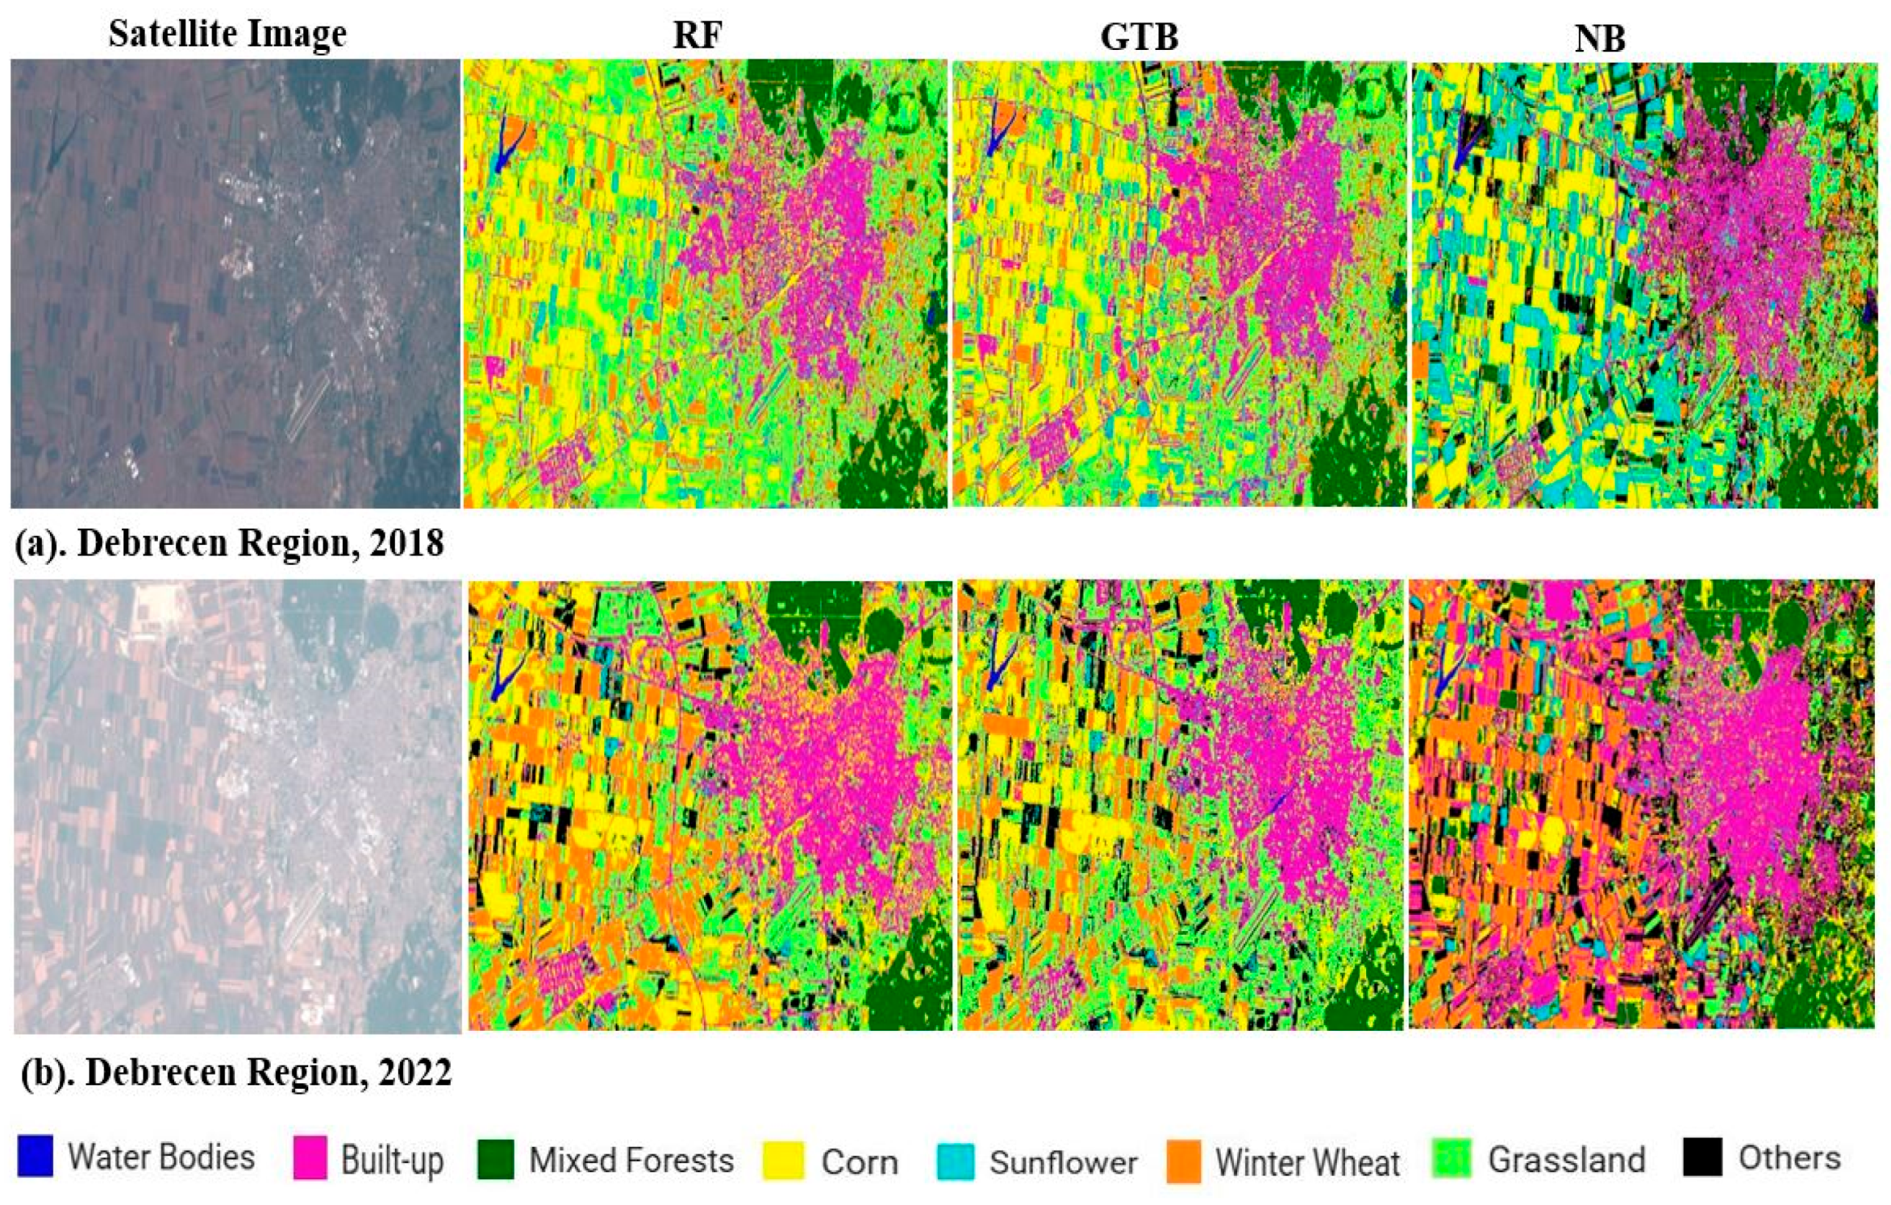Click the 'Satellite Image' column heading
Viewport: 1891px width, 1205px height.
click(227, 34)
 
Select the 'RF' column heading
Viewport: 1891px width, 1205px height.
click(697, 35)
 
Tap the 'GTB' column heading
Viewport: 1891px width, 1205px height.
click(1139, 35)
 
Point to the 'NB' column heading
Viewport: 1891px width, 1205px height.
click(1600, 37)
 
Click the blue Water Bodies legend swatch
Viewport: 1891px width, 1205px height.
click(35, 1156)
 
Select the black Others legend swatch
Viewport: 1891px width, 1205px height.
click(1702, 1157)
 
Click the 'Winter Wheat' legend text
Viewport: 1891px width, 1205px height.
click(1307, 1162)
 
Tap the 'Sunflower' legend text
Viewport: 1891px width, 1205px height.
click(1063, 1162)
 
